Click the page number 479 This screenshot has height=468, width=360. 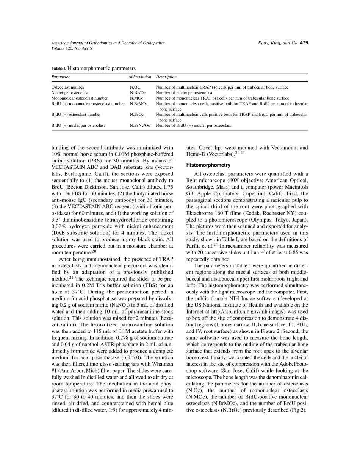pos(304,43)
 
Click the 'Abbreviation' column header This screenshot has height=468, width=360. pos(140,77)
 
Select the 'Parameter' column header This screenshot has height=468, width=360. pos(61,77)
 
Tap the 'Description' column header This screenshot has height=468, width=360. pos(166,77)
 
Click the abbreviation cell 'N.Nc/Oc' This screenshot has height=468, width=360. pos(138,93)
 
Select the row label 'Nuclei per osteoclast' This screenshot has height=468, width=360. pos(70,93)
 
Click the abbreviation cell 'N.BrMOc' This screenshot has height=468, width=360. pos(138,103)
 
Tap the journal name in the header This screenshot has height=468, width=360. pos(108,43)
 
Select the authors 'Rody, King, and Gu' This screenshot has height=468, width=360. pos(274,43)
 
